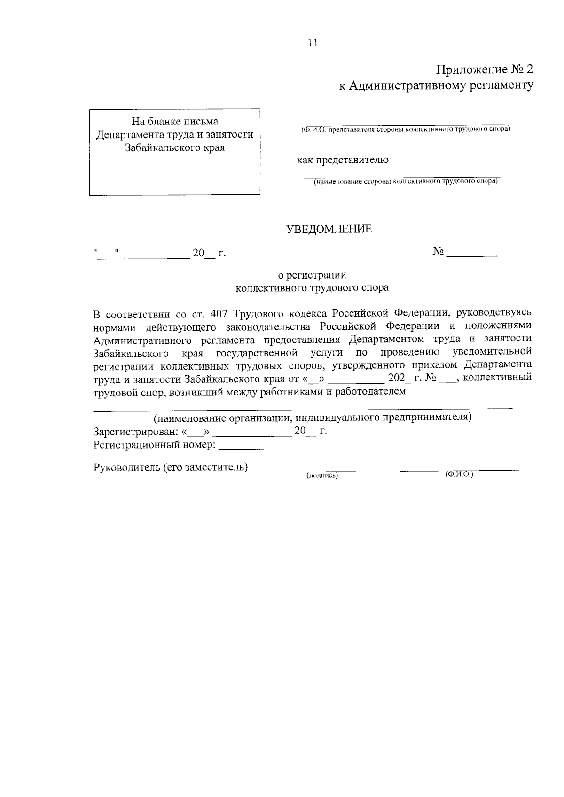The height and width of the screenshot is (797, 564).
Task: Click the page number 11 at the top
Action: [313, 43]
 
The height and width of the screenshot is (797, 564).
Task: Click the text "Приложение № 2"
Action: [485, 70]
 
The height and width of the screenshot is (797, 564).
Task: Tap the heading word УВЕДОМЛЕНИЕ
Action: [329, 229]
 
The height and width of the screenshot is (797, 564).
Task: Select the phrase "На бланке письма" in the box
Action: [175, 122]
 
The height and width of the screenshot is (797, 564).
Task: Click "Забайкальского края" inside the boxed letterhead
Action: [175, 148]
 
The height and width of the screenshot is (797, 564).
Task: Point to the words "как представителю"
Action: [343, 160]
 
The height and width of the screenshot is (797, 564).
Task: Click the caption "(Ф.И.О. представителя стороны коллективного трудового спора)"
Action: [405, 129]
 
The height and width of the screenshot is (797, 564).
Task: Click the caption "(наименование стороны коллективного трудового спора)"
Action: [406, 181]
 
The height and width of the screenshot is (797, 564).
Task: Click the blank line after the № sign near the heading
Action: [472, 254]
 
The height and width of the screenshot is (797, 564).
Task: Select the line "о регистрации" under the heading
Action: [312, 275]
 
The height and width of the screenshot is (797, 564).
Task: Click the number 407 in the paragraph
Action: [219, 313]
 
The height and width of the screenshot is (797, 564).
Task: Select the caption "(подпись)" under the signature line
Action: [322, 476]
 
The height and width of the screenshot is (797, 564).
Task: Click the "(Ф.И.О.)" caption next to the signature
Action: [459, 475]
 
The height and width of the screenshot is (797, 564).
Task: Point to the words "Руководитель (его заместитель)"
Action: [171, 467]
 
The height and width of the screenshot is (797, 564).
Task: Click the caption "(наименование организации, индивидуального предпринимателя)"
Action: [313, 417]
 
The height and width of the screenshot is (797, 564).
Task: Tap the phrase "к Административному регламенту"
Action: [436, 85]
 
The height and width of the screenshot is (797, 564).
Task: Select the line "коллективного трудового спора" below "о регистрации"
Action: [312, 288]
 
